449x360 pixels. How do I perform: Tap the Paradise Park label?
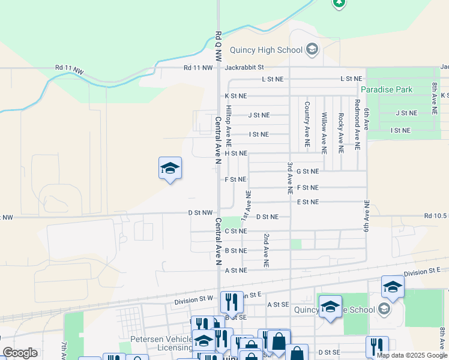click(387, 89)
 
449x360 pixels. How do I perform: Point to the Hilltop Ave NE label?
click(228, 127)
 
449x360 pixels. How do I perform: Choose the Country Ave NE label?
click(307, 124)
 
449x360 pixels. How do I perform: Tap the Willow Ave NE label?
click(324, 130)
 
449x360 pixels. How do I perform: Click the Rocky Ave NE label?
click(340, 131)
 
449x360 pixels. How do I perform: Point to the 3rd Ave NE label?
click(289, 177)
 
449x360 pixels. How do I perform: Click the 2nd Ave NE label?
click(266, 250)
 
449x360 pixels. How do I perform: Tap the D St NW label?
click(200, 212)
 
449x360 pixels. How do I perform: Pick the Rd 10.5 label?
click(436, 216)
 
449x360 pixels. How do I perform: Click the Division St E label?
click(426, 273)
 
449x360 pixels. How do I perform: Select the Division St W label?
click(194, 298)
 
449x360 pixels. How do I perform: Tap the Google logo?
click(20, 353)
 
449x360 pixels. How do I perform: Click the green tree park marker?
click(339, 2)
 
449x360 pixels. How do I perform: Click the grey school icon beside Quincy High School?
click(312, 49)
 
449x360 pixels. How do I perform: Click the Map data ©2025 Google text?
click(411, 355)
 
